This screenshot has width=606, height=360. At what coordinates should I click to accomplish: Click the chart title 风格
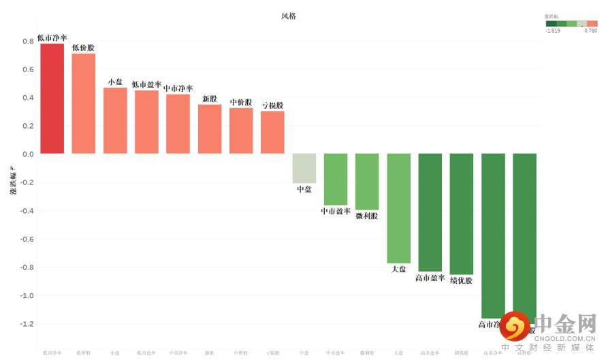[289, 16]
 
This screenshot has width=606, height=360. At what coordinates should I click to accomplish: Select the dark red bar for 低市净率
[52, 99]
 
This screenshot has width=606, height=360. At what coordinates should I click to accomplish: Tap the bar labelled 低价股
[84, 103]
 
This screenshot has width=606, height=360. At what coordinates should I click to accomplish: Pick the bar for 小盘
[115, 120]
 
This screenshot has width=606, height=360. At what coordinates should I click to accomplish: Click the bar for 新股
[210, 129]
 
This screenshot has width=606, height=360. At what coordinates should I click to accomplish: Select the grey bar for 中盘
[304, 168]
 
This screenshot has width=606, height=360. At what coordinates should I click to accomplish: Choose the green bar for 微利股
[367, 182]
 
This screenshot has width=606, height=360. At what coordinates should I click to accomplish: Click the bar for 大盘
[399, 208]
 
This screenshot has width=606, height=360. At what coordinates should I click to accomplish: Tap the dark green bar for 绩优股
[462, 214]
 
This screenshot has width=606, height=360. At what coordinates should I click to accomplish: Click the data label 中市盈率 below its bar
[336, 212]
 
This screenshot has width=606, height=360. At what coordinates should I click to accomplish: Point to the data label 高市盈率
[430, 278]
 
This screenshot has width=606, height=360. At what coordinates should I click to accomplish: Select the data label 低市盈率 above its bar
[146, 85]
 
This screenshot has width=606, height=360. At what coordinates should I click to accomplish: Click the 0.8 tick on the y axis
[27, 41]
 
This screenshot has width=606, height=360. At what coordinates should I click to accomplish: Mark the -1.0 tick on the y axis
[26, 295]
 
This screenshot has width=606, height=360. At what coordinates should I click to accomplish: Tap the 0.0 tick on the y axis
[27, 154]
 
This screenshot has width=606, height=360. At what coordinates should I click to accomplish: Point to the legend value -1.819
[552, 31]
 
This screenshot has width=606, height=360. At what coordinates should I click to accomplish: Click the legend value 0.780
[590, 31]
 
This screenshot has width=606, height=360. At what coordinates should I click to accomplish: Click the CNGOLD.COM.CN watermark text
[564, 338]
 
